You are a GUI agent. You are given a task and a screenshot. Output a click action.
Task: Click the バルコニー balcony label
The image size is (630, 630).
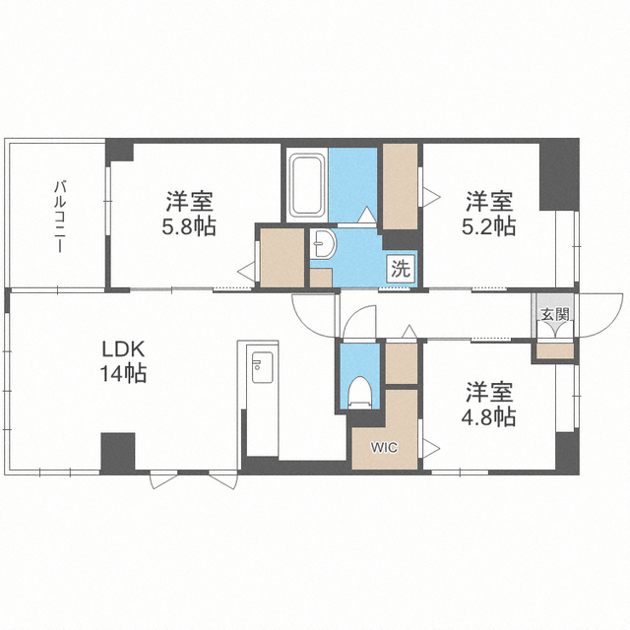click(x=60, y=217)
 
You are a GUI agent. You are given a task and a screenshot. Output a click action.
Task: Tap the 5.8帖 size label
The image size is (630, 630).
click(x=189, y=227)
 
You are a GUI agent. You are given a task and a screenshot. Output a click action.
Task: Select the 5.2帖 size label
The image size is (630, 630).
click(x=488, y=227)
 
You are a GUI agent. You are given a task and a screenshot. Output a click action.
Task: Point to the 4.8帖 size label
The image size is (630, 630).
click(x=488, y=417)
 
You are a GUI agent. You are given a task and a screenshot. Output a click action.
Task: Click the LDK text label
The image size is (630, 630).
click(x=123, y=350)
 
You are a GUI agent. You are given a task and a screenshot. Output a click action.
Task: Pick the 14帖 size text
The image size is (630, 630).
click(x=123, y=373)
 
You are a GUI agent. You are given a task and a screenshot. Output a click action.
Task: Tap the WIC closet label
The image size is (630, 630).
click(x=384, y=447)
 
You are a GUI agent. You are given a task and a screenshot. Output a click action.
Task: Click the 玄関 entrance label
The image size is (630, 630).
click(x=555, y=314)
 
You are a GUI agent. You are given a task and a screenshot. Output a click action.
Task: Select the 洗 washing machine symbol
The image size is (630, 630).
click(x=401, y=269)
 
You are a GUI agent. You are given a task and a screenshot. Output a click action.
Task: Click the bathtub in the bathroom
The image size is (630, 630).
click(x=308, y=185)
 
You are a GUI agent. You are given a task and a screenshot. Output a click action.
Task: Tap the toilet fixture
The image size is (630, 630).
click(x=359, y=393)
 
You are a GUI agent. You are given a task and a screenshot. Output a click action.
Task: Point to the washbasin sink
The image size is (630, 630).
click(x=324, y=243)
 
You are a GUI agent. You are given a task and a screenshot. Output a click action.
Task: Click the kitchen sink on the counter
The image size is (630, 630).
click(x=263, y=367)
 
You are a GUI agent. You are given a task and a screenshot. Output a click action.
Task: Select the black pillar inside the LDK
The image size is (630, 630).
click(x=118, y=453)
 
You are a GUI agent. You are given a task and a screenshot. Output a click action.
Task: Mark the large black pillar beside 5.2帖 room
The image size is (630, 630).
click(x=559, y=175)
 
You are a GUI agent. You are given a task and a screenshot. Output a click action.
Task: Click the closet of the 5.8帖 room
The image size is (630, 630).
click(x=283, y=258)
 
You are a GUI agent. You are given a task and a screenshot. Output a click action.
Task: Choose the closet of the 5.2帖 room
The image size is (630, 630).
click(x=400, y=187)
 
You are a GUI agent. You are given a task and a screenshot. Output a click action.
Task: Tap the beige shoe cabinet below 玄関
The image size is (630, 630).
click(x=555, y=351)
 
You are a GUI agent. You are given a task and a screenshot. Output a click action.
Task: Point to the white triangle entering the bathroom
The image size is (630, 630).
click(x=366, y=215)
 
